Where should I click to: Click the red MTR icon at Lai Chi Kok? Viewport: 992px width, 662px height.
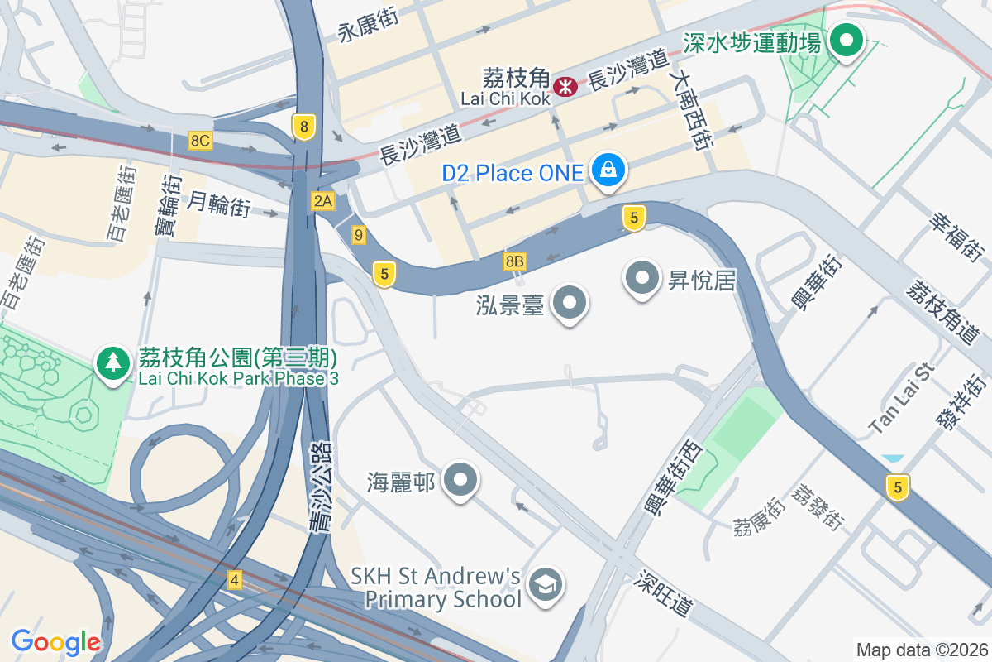coord(565,85)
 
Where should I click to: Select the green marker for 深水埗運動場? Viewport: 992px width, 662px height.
coord(846,40)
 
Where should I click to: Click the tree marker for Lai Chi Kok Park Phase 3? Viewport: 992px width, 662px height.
coord(113,362)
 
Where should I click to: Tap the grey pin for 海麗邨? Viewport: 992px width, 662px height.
coord(460,480)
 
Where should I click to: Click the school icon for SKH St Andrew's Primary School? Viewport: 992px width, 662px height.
coord(545,585)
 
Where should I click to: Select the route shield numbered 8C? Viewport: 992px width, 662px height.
coord(200,140)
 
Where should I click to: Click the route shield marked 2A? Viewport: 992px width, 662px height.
coord(322,200)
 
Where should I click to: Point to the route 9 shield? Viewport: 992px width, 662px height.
coord(358,235)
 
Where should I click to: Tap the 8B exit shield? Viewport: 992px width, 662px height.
coord(514,261)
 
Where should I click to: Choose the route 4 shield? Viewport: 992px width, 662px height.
coord(235,580)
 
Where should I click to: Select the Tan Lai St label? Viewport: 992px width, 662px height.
coord(901,399)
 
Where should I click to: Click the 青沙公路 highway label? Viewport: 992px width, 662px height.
coord(319,488)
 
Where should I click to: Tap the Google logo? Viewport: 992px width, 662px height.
coord(55,641)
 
